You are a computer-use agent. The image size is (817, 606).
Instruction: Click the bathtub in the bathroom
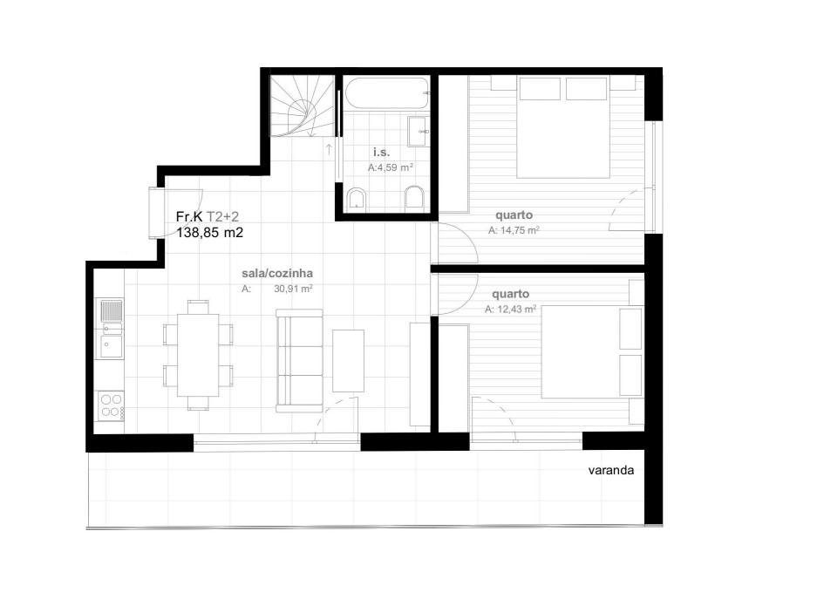point(386,92)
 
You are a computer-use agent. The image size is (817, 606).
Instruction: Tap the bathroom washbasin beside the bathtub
point(419,132)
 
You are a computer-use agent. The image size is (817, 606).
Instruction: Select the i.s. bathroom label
point(381,152)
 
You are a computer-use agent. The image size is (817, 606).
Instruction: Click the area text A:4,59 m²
point(391,167)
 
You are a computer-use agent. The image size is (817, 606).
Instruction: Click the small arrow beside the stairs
point(329,150)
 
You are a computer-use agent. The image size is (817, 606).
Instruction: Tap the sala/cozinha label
point(277,273)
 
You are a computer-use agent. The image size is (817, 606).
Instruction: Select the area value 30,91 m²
point(293,289)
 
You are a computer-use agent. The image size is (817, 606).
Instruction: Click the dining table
point(198,355)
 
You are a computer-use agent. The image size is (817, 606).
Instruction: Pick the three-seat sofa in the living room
point(299,361)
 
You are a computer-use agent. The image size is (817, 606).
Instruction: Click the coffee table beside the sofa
point(348,361)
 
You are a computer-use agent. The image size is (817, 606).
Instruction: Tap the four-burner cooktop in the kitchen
point(111,405)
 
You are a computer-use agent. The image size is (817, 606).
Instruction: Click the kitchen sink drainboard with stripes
point(111,310)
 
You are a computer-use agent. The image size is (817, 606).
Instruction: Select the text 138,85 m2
point(209,233)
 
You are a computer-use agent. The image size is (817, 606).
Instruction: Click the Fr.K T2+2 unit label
point(208,216)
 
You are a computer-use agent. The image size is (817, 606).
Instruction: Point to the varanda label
point(611,471)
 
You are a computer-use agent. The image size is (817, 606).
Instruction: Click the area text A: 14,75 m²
point(514,230)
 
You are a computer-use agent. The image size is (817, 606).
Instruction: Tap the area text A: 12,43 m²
point(511,309)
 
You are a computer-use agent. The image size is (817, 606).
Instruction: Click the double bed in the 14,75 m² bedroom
point(562,127)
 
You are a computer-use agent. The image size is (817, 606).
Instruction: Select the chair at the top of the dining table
point(198,306)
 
